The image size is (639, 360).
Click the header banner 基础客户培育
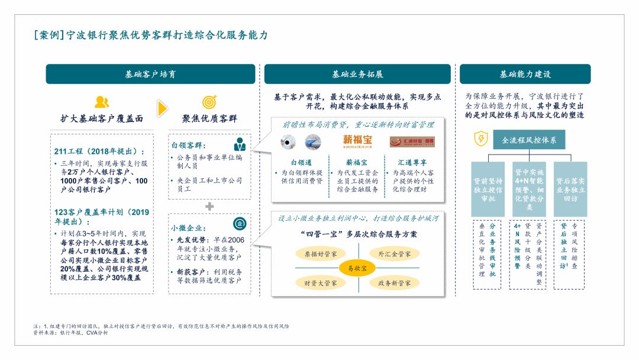150,74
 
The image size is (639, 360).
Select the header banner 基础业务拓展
357,74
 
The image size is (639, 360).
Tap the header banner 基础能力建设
525,74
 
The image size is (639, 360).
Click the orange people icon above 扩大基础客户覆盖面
102,102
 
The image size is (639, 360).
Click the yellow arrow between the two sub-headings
162,109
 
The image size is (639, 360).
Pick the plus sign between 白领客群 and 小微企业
209,206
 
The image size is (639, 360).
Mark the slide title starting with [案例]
151,35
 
